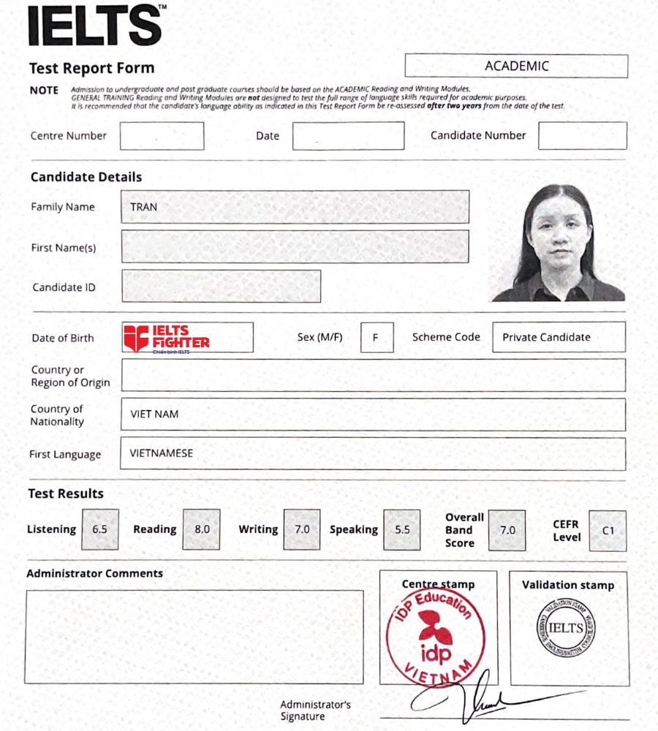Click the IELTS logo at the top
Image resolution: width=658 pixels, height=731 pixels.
click(x=95, y=26)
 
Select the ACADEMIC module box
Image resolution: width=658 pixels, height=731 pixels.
click(x=516, y=66)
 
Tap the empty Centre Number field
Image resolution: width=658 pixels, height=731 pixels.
click(x=162, y=136)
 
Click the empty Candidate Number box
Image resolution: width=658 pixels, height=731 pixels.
click(x=582, y=136)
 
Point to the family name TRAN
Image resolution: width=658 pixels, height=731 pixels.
click(x=143, y=207)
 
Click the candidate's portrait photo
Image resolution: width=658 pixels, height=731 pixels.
click(x=558, y=243)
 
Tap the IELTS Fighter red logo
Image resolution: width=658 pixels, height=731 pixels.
click(x=167, y=338)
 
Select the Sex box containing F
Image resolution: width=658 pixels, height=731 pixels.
click(x=377, y=338)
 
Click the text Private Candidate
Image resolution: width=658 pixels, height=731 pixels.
click(x=546, y=337)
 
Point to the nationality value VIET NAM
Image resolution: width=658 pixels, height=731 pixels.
click(x=154, y=414)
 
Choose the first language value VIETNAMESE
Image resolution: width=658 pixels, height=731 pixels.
click(x=162, y=453)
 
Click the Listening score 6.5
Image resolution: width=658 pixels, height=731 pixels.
click(x=100, y=529)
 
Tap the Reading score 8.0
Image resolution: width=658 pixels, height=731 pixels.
click(x=201, y=529)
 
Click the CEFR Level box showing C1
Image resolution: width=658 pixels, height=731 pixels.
click(x=608, y=531)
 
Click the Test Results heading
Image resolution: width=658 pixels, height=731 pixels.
click(x=66, y=493)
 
